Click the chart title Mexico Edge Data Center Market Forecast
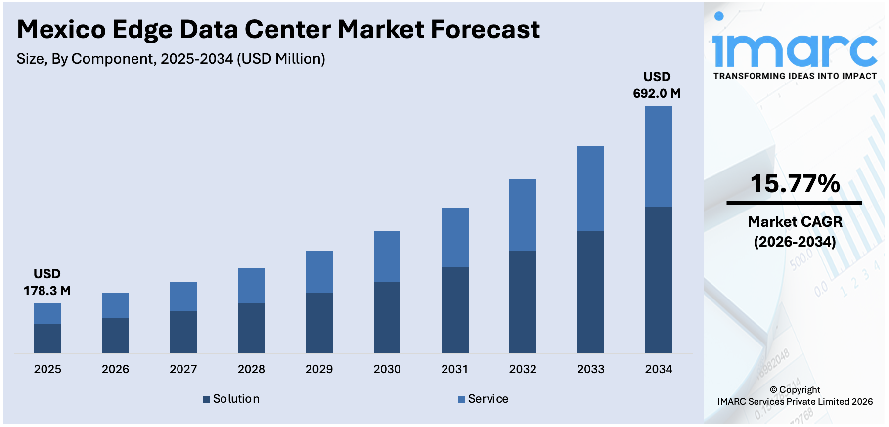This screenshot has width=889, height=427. click(x=278, y=30)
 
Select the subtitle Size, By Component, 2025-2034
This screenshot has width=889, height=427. click(x=171, y=59)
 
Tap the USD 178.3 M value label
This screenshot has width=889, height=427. click(x=47, y=282)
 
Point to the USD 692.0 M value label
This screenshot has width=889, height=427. click(x=657, y=85)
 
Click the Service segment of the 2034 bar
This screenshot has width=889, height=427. click(x=658, y=156)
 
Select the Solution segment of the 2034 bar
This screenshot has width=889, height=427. click(x=658, y=279)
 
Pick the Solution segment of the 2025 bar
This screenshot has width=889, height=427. click(x=47, y=338)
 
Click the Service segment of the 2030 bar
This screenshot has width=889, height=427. click(x=387, y=256)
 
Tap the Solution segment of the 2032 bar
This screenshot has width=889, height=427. click(x=523, y=301)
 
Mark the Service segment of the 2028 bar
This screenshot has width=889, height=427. click(x=251, y=285)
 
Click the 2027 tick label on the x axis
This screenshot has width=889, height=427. click(x=183, y=369)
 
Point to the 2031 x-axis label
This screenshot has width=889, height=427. click(x=454, y=369)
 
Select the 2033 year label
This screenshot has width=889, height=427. click(x=590, y=369)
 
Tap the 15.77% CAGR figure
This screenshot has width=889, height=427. click(x=795, y=184)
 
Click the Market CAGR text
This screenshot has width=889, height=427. click(x=795, y=222)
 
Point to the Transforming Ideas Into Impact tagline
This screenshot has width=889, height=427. click(x=795, y=76)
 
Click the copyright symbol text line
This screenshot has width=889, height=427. click(x=795, y=390)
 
